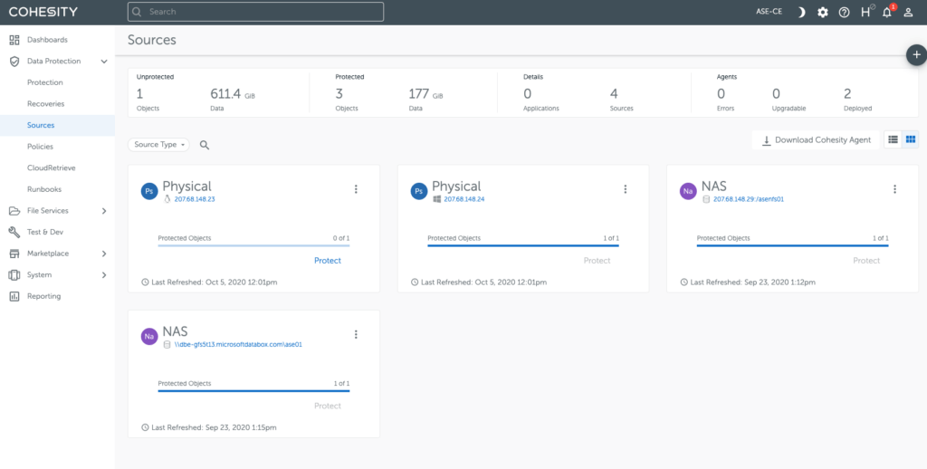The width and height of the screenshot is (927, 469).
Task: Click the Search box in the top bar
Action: pyautogui.click(x=255, y=12)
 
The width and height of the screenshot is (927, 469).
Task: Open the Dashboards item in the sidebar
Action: pyautogui.click(x=47, y=40)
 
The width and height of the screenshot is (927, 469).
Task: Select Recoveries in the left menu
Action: pyautogui.click(x=45, y=104)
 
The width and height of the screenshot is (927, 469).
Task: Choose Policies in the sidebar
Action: pyautogui.click(x=40, y=147)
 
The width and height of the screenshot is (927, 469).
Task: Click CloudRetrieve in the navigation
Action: pyautogui.click(x=52, y=167)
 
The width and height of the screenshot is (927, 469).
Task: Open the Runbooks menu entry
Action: pyautogui.click(x=43, y=189)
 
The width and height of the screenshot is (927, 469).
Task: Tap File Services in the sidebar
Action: pyautogui.click(x=47, y=211)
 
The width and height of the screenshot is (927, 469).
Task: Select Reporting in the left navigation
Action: pyautogui.click(x=43, y=296)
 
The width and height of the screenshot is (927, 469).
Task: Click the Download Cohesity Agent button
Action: pyautogui.click(x=816, y=140)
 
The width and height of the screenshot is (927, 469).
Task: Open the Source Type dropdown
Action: pyautogui.click(x=159, y=145)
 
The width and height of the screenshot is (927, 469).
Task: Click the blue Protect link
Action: pyautogui.click(x=328, y=261)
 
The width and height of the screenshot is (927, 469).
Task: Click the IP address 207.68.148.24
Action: pyautogui.click(x=464, y=199)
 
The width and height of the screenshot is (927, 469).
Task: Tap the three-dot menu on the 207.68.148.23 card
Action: pyautogui.click(x=356, y=189)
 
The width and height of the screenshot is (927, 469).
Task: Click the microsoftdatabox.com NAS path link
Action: pyautogui.click(x=238, y=345)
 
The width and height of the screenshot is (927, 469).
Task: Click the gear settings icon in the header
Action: pyautogui.click(x=823, y=12)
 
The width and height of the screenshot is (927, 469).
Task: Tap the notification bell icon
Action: pyautogui.click(x=887, y=12)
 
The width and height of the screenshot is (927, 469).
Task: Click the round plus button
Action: pyautogui.click(x=916, y=55)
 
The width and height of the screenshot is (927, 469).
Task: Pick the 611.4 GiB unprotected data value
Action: pyautogui.click(x=225, y=93)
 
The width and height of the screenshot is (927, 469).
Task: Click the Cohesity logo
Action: pyautogui.click(x=43, y=12)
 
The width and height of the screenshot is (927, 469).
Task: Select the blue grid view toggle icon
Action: pyautogui.click(x=911, y=139)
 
